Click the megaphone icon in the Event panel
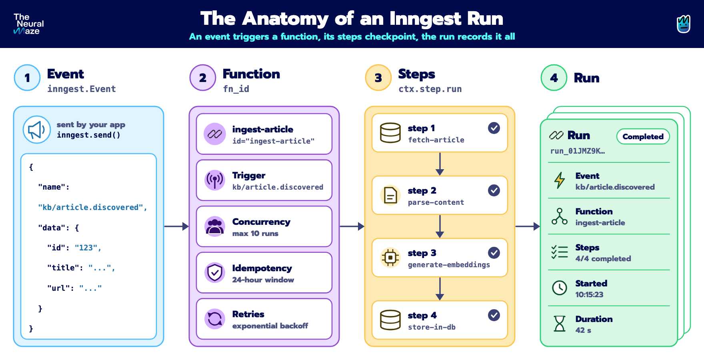pos(37,130)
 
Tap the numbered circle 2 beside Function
pos(203,78)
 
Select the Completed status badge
pos(643,136)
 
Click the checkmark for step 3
pos(494,253)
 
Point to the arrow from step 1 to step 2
pos(440,164)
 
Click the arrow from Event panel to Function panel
pos(176,226)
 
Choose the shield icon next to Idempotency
pos(215,273)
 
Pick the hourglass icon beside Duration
pos(560,324)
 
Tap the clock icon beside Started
pos(560,288)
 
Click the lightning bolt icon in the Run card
pos(560,180)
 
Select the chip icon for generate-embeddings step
pos(390,258)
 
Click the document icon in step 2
pos(390,195)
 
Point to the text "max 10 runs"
pos(255,234)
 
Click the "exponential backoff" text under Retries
pos(270,326)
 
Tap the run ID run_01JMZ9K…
pos(578,151)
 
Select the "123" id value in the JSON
pos(86,248)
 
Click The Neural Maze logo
pos(28,24)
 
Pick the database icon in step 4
pos(390,320)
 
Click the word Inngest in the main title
pos(426,19)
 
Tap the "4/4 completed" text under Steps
pos(603,259)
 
